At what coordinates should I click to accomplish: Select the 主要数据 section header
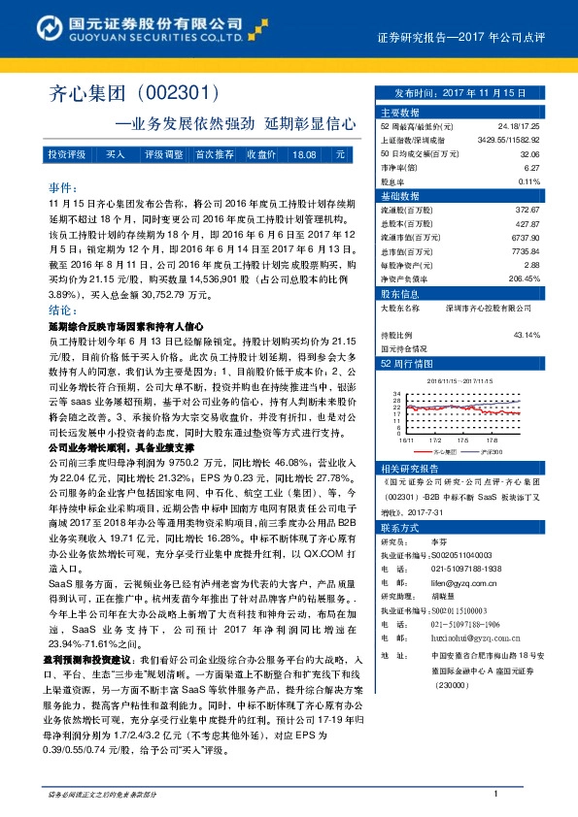tap(397, 113)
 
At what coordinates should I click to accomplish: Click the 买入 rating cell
tap(116, 155)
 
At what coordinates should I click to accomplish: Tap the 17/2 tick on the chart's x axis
tap(432, 439)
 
